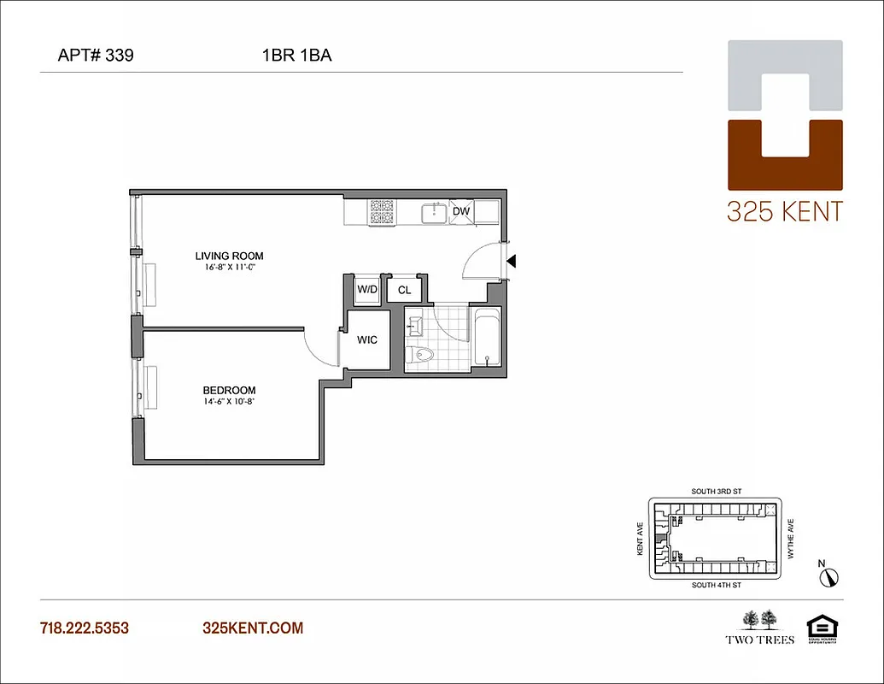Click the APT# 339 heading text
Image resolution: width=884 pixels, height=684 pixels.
pyautogui.click(x=94, y=56)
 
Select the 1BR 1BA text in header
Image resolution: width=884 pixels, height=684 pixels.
pyautogui.click(x=296, y=56)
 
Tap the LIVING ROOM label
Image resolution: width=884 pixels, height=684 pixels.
pyautogui.click(x=229, y=256)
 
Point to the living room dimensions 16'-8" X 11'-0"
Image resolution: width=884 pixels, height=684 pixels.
pyautogui.click(x=229, y=267)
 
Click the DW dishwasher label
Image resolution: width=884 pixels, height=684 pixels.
pyautogui.click(x=460, y=211)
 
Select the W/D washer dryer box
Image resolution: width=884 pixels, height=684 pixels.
pyautogui.click(x=367, y=290)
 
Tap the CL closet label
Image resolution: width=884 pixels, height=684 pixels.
pyautogui.click(x=404, y=291)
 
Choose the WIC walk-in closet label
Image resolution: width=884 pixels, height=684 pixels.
pyautogui.click(x=367, y=339)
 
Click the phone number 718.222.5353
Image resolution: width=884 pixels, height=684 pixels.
pyautogui.click(x=85, y=628)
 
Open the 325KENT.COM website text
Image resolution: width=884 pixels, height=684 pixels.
pyautogui.click(x=253, y=628)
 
